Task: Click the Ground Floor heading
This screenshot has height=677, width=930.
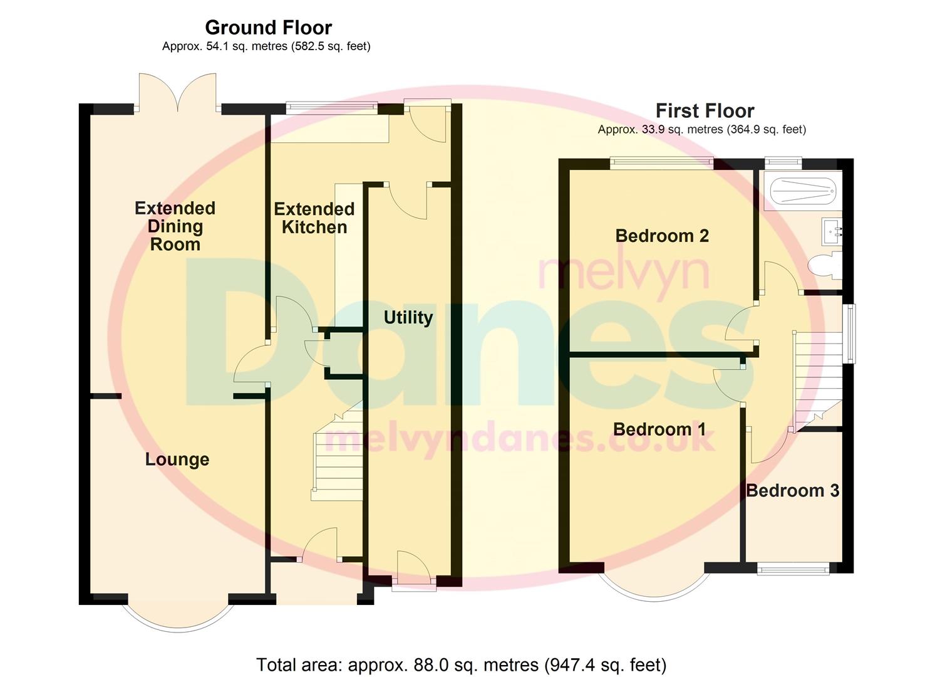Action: click(268, 28)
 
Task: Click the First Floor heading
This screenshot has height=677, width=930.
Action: click(705, 111)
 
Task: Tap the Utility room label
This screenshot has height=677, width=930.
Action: click(408, 317)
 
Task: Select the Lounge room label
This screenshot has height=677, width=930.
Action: click(177, 459)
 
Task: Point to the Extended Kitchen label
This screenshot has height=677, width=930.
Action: click(314, 218)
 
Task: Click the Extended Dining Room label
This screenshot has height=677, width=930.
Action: click(175, 226)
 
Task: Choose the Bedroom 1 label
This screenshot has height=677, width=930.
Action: click(659, 429)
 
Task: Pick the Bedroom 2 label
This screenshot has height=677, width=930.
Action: click(662, 236)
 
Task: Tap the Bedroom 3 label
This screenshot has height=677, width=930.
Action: click(792, 490)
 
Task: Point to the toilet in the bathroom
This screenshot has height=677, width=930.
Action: click(824, 265)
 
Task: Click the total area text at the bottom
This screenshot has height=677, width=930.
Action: click(461, 664)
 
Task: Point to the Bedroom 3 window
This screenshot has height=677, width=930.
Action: click(793, 569)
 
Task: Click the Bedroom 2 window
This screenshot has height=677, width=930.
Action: click(661, 163)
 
